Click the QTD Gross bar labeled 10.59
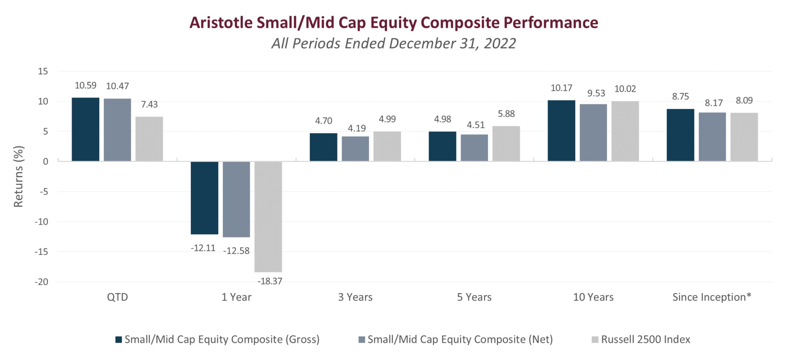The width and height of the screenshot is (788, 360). tap(85, 129)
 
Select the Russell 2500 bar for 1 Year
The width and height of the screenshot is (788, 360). tap(268, 217)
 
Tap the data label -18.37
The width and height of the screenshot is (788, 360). tap(270, 281)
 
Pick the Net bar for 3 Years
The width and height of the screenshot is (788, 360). tap(355, 148)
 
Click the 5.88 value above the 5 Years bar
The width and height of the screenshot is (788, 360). tap(506, 114)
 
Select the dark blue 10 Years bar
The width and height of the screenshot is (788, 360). tap(561, 131)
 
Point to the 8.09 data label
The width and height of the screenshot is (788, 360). tap(744, 101)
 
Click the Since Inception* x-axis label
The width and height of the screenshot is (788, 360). tap(711, 297)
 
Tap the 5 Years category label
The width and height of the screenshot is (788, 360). tap(474, 297)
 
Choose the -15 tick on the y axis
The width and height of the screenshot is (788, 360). tap(41, 252)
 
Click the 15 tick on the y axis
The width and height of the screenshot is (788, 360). tap(43, 72)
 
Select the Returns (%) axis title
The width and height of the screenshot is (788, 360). tap(18, 177)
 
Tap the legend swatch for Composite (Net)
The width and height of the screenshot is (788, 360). tap(362, 340)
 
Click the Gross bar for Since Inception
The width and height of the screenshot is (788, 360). tap(680, 135)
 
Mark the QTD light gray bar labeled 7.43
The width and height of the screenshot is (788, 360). tap(149, 139)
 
